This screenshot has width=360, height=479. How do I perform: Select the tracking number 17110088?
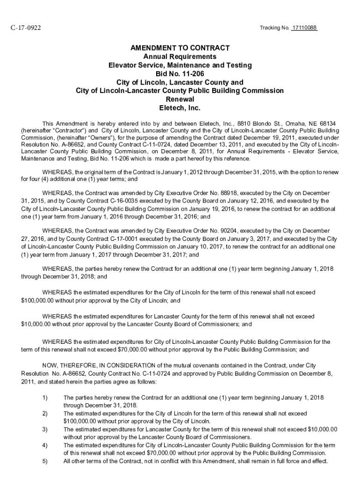304,28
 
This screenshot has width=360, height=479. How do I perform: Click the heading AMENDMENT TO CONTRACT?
180,48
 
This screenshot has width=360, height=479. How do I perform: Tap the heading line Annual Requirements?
180,57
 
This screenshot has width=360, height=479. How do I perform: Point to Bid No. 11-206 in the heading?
180,74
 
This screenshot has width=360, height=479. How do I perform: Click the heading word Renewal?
180,100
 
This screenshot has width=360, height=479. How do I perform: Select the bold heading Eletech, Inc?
180,108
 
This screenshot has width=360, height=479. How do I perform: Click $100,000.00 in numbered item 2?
82,421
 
